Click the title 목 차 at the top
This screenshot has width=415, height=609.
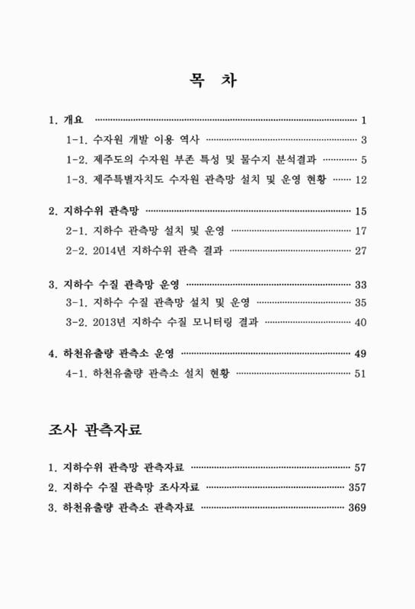pyautogui.click(x=207, y=79)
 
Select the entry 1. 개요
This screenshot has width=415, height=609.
pyautogui.click(x=68, y=120)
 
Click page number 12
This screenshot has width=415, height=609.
pyautogui.click(x=361, y=180)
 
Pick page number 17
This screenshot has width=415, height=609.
pyautogui.click(x=361, y=230)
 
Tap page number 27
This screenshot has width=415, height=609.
pyautogui.click(x=361, y=250)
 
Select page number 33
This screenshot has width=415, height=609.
pyautogui.click(x=361, y=284)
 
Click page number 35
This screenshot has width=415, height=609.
pyautogui.click(x=361, y=303)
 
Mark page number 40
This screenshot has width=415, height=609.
pyautogui.click(x=361, y=323)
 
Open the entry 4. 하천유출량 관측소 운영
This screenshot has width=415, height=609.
pyautogui.click(x=110, y=353)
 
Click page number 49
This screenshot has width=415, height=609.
pyautogui.click(x=361, y=353)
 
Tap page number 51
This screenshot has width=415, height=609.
pyautogui.click(x=361, y=373)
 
